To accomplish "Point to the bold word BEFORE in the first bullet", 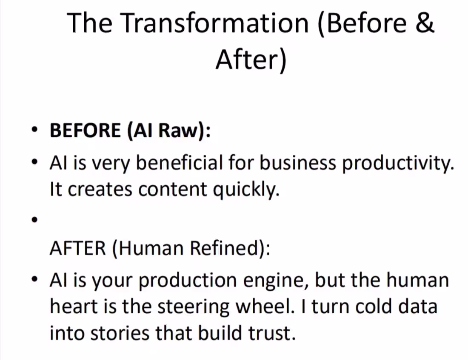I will (85, 130).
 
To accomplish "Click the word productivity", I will (398, 164).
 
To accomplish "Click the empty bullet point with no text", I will (35, 220).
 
